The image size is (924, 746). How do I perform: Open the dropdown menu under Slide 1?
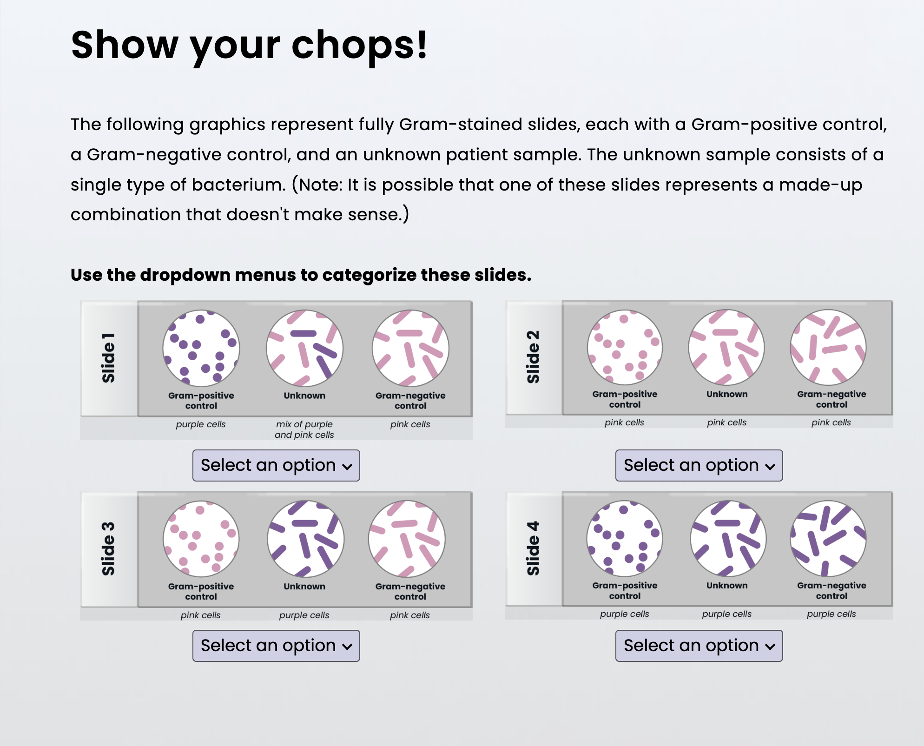coord(276,465)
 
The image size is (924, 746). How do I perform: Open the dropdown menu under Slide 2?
coord(699,465)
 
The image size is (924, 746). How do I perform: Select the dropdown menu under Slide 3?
coord(276,646)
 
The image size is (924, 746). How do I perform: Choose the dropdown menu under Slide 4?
coord(699,646)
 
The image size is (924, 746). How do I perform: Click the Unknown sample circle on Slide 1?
coord(304,348)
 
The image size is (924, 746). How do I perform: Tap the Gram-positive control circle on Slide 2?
coord(625,347)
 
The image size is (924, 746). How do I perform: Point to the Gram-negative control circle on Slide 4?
coord(828,538)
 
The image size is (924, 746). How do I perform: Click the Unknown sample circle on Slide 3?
coord(305,539)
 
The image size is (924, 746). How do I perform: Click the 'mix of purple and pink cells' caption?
coord(304,429)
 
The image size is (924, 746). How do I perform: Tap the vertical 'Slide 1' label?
coord(108,357)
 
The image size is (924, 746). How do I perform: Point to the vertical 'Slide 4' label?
coord(533,548)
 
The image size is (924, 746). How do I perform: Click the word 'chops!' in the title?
coord(359,45)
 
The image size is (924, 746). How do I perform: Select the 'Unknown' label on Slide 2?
coord(727,394)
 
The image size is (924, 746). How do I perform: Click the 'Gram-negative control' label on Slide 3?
coord(410,591)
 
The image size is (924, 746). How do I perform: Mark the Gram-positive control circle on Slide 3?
coord(201,539)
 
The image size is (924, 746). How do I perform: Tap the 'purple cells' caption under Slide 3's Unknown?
coord(304,615)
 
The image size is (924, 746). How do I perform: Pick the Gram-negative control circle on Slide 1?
coord(410,348)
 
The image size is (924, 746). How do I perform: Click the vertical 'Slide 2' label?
coord(533,356)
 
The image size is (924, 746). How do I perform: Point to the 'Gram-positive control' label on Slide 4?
coord(625,590)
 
